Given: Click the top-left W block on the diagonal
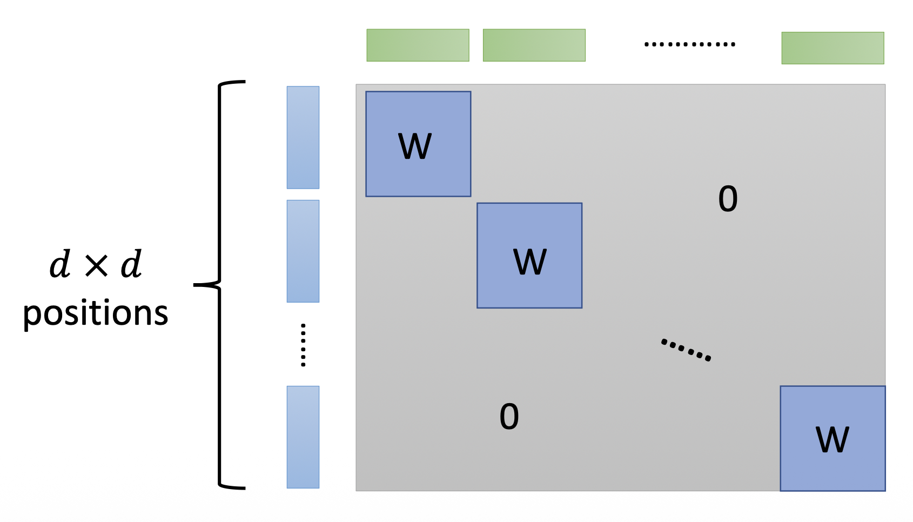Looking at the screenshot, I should point(418,144).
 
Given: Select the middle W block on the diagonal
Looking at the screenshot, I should point(529,256).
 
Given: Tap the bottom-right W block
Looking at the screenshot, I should point(833,438).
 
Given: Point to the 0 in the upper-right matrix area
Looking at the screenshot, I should point(728,199).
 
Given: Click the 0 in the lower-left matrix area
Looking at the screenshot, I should point(509,417).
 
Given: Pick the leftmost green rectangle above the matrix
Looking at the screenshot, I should point(418,45).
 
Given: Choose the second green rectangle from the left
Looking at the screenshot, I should point(534,45).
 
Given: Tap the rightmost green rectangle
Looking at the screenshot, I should point(833,48).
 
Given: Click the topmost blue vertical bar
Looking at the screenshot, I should point(303,137).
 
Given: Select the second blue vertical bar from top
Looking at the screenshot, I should point(303,251).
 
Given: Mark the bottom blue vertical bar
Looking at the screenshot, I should point(303,437).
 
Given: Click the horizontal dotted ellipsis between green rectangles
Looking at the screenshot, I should point(689,44).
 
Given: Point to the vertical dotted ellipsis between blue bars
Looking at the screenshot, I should point(303,345).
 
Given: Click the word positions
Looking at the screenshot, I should point(96,313).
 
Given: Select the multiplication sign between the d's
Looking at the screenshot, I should point(96,265).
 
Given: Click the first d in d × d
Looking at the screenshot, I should point(60,264).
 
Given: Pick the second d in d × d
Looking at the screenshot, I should point(131,264).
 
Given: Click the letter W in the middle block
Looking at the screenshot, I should point(530,262).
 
